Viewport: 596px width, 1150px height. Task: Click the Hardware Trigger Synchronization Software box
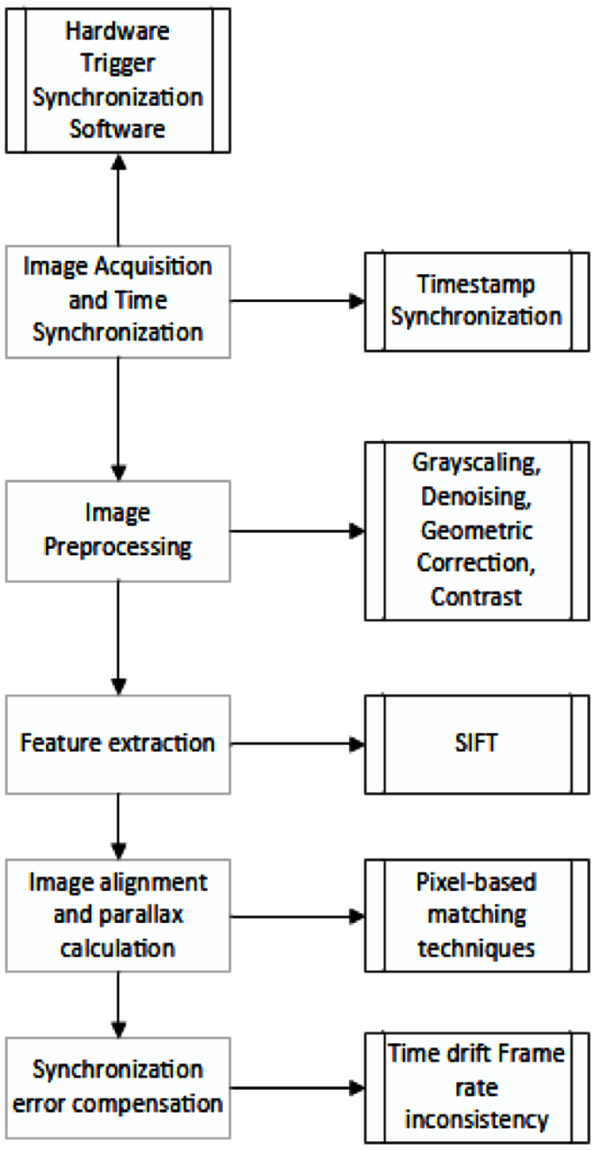117,77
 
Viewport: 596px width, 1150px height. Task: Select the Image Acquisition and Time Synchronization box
117,300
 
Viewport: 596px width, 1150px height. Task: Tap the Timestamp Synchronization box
476,300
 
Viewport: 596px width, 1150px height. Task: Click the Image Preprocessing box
117,531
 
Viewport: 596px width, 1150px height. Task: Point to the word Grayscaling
476,462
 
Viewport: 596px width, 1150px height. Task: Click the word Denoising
476,496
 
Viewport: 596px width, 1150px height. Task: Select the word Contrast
476,597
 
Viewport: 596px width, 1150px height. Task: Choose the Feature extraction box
117,743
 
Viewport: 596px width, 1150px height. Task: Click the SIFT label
476,744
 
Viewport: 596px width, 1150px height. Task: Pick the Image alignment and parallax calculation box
117,914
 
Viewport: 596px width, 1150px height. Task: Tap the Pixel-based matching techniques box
476,914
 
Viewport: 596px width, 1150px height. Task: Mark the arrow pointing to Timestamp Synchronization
296,301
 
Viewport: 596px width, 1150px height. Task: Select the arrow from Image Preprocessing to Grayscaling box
296,531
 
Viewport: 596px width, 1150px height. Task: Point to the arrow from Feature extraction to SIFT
296,744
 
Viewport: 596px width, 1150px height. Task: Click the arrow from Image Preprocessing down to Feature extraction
117,635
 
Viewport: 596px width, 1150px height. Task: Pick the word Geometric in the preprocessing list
476,530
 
